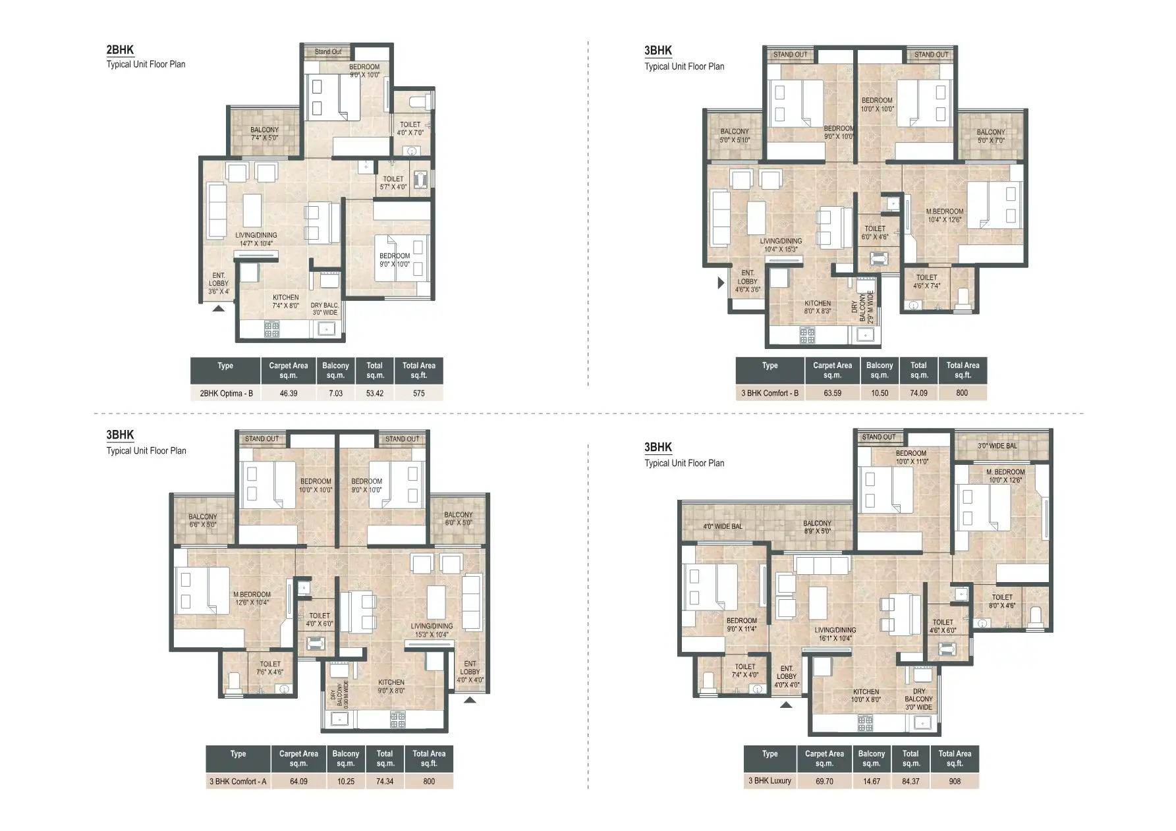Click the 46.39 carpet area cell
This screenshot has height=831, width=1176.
click(x=288, y=393)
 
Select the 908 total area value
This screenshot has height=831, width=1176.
click(x=955, y=781)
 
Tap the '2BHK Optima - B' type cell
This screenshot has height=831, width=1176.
click(x=226, y=393)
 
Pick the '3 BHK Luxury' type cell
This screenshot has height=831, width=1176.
click(x=770, y=781)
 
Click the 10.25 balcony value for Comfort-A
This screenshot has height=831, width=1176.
click(x=345, y=782)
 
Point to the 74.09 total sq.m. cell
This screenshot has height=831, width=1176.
click(x=918, y=393)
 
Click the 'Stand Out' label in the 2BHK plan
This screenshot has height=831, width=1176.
click(x=327, y=52)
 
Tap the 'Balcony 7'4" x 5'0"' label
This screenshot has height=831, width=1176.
click(x=264, y=134)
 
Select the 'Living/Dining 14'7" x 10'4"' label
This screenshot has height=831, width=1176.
click(x=256, y=239)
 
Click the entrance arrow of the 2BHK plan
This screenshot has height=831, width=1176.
click(x=219, y=307)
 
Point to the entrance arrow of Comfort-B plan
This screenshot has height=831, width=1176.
click(x=721, y=283)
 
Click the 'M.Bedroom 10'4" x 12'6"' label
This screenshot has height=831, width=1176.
click(x=945, y=216)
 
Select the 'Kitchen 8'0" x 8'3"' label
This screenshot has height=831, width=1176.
click(x=818, y=308)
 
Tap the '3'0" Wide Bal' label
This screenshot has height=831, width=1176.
click(x=997, y=446)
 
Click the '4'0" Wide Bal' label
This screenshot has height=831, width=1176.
click(x=722, y=527)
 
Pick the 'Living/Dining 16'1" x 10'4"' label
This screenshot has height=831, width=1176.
click(x=835, y=634)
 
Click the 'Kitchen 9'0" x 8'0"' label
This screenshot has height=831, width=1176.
click(x=391, y=687)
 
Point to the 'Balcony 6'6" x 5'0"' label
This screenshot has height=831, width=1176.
click(x=202, y=521)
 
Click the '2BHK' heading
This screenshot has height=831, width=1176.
click(x=120, y=50)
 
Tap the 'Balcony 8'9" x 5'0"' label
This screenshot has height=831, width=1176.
click(x=817, y=527)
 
